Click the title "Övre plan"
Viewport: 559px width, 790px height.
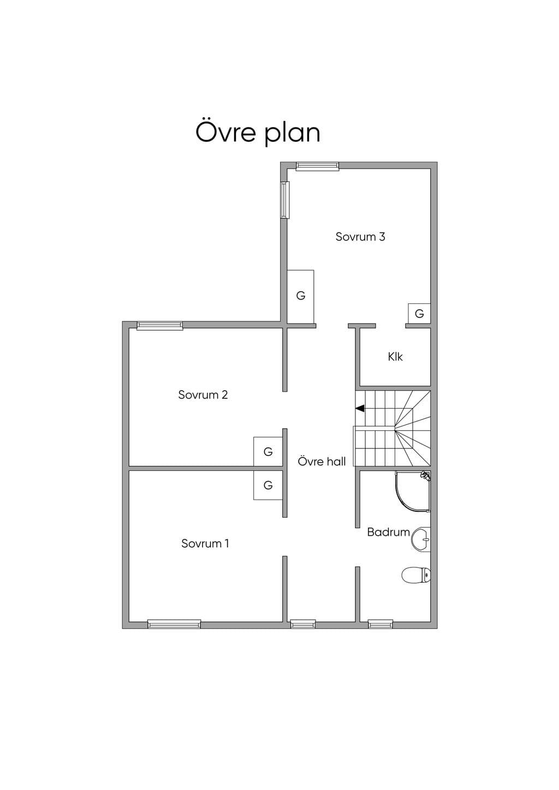(258, 133)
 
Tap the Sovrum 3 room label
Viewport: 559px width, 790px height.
(360, 237)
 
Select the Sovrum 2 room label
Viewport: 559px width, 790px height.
(203, 394)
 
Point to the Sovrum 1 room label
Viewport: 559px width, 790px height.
(205, 543)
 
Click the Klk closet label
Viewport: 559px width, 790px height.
(395, 357)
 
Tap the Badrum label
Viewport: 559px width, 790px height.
(388, 532)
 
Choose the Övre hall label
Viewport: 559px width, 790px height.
(322, 462)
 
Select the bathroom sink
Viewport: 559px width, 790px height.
(421, 539)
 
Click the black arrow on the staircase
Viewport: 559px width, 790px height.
(360, 409)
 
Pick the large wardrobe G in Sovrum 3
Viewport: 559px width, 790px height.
(300, 297)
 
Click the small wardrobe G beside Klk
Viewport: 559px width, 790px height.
(419, 313)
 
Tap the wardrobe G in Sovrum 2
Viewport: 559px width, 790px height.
(268, 451)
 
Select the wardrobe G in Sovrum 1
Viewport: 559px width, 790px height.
(268, 485)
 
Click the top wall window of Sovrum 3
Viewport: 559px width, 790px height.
(317, 166)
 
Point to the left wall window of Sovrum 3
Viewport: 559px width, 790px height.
(285, 200)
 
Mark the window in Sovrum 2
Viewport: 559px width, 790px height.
(160, 326)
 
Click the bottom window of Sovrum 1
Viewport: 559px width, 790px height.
(174, 625)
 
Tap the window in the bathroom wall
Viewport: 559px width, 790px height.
(380, 625)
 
